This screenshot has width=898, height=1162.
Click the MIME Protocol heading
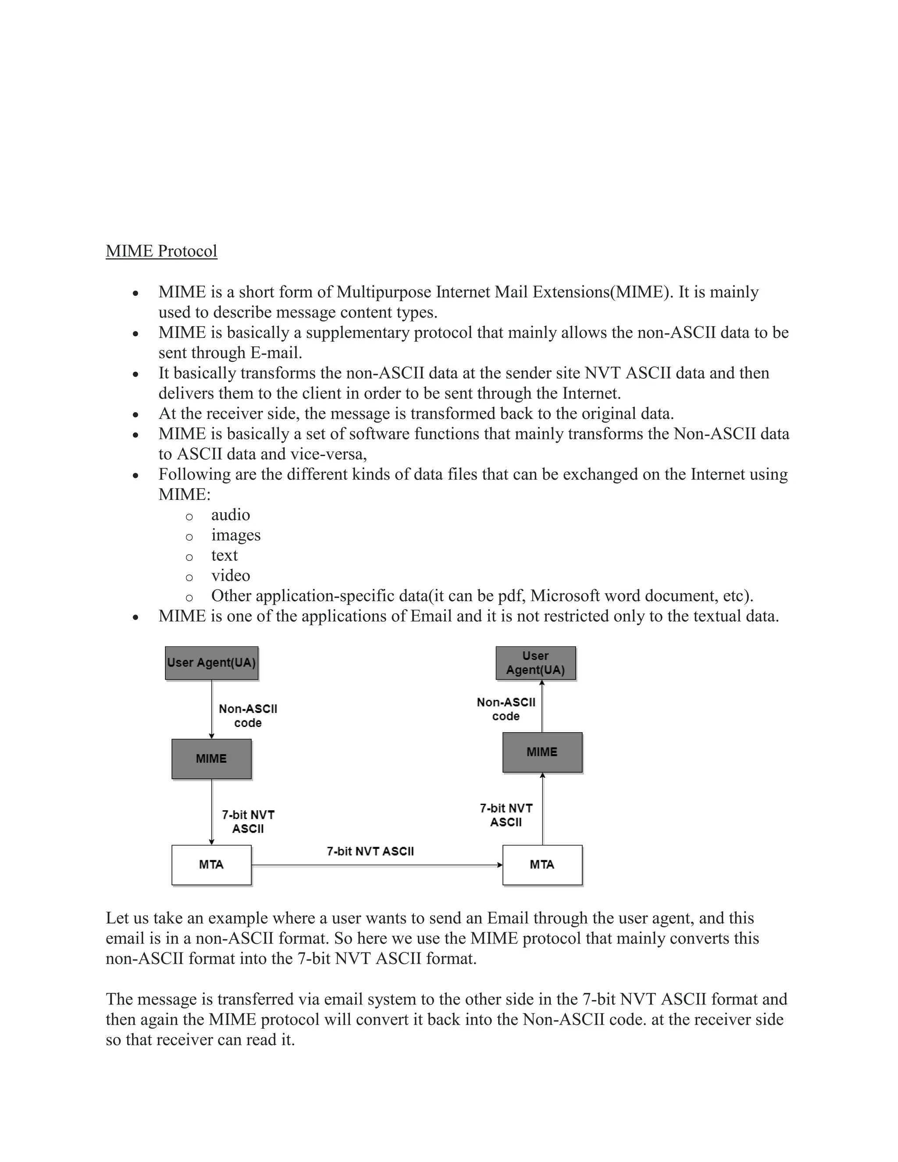[x=161, y=251]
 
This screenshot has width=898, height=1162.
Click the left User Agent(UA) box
[x=211, y=663]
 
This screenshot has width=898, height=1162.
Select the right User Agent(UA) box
[x=535, y=663]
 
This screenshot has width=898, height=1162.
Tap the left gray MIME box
[x=211, y=759]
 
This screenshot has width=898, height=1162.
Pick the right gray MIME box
[x=542, y=752]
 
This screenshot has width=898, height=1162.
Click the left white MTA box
[x=211, y=865]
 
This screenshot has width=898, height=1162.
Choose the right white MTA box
[x=542, y=865]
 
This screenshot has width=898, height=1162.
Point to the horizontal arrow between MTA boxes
[x=377, y=865]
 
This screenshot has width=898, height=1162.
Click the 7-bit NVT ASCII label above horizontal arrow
[x=370, y=851]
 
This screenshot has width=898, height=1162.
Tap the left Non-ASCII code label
[x=248, y=716]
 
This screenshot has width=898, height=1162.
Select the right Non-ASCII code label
[x=506, y=709]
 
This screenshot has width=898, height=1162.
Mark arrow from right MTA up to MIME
[x=543, y=809]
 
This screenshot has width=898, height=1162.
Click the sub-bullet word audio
[x=230, y=515]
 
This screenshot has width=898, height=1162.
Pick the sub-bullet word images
[x=235, y=535]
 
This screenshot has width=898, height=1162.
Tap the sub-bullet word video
[x=230, y=576]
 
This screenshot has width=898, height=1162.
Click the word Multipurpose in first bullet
[x=384, y=292]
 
